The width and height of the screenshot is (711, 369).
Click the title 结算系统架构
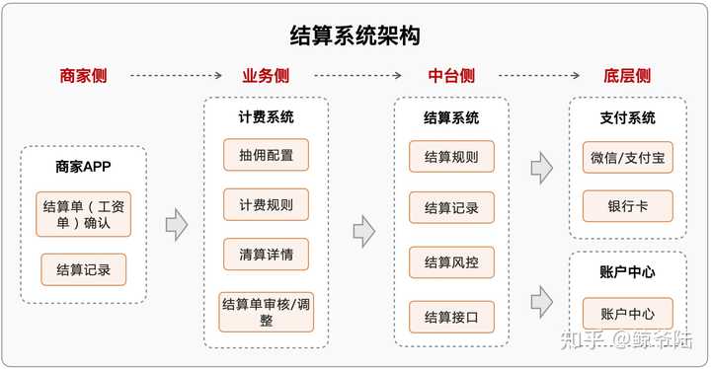click(x=355, y=37)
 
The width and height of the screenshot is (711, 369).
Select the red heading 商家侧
click(x=83, y=75)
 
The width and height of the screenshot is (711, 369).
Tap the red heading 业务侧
click(x=266, y=75)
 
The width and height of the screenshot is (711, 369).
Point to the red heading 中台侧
click(x=451, y=75)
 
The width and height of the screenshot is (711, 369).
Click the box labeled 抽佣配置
click(x=266, y=155)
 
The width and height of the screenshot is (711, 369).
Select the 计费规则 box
click(x=266, y=204)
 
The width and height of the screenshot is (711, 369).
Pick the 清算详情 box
click(x=266, y=254)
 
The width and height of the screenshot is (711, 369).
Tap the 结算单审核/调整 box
click(x=266, y=311)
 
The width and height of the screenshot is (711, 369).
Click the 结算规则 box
click(x=451, y=157)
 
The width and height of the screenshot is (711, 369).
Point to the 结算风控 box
click(x=451, y=262)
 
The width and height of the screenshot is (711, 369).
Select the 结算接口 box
click(x=451, y=316)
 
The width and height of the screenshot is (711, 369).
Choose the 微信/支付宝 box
click(x=627, y=157)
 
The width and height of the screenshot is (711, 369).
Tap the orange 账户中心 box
click(x=627, y=314)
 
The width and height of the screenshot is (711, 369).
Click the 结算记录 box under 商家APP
click(x=84, y=269)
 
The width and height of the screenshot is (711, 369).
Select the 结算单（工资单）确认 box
click(x=83, y=214)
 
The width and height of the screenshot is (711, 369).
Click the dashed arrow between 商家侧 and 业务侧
click(x=175, y=75)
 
